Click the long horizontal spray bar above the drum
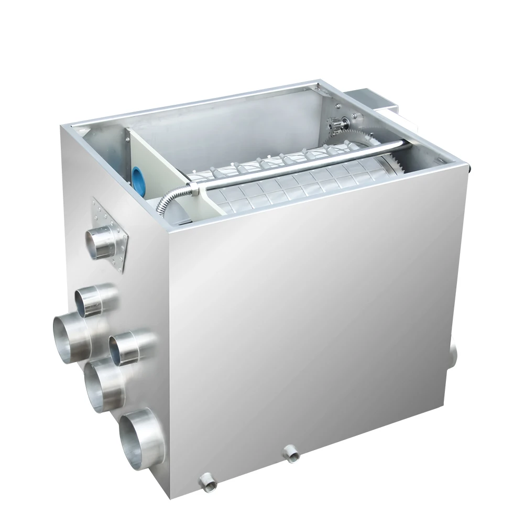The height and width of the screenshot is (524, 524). click(293, 168)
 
